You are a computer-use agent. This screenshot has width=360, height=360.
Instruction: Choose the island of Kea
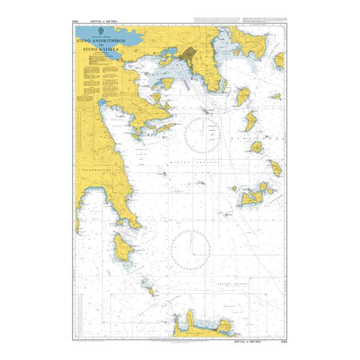(x=244, y=95)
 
